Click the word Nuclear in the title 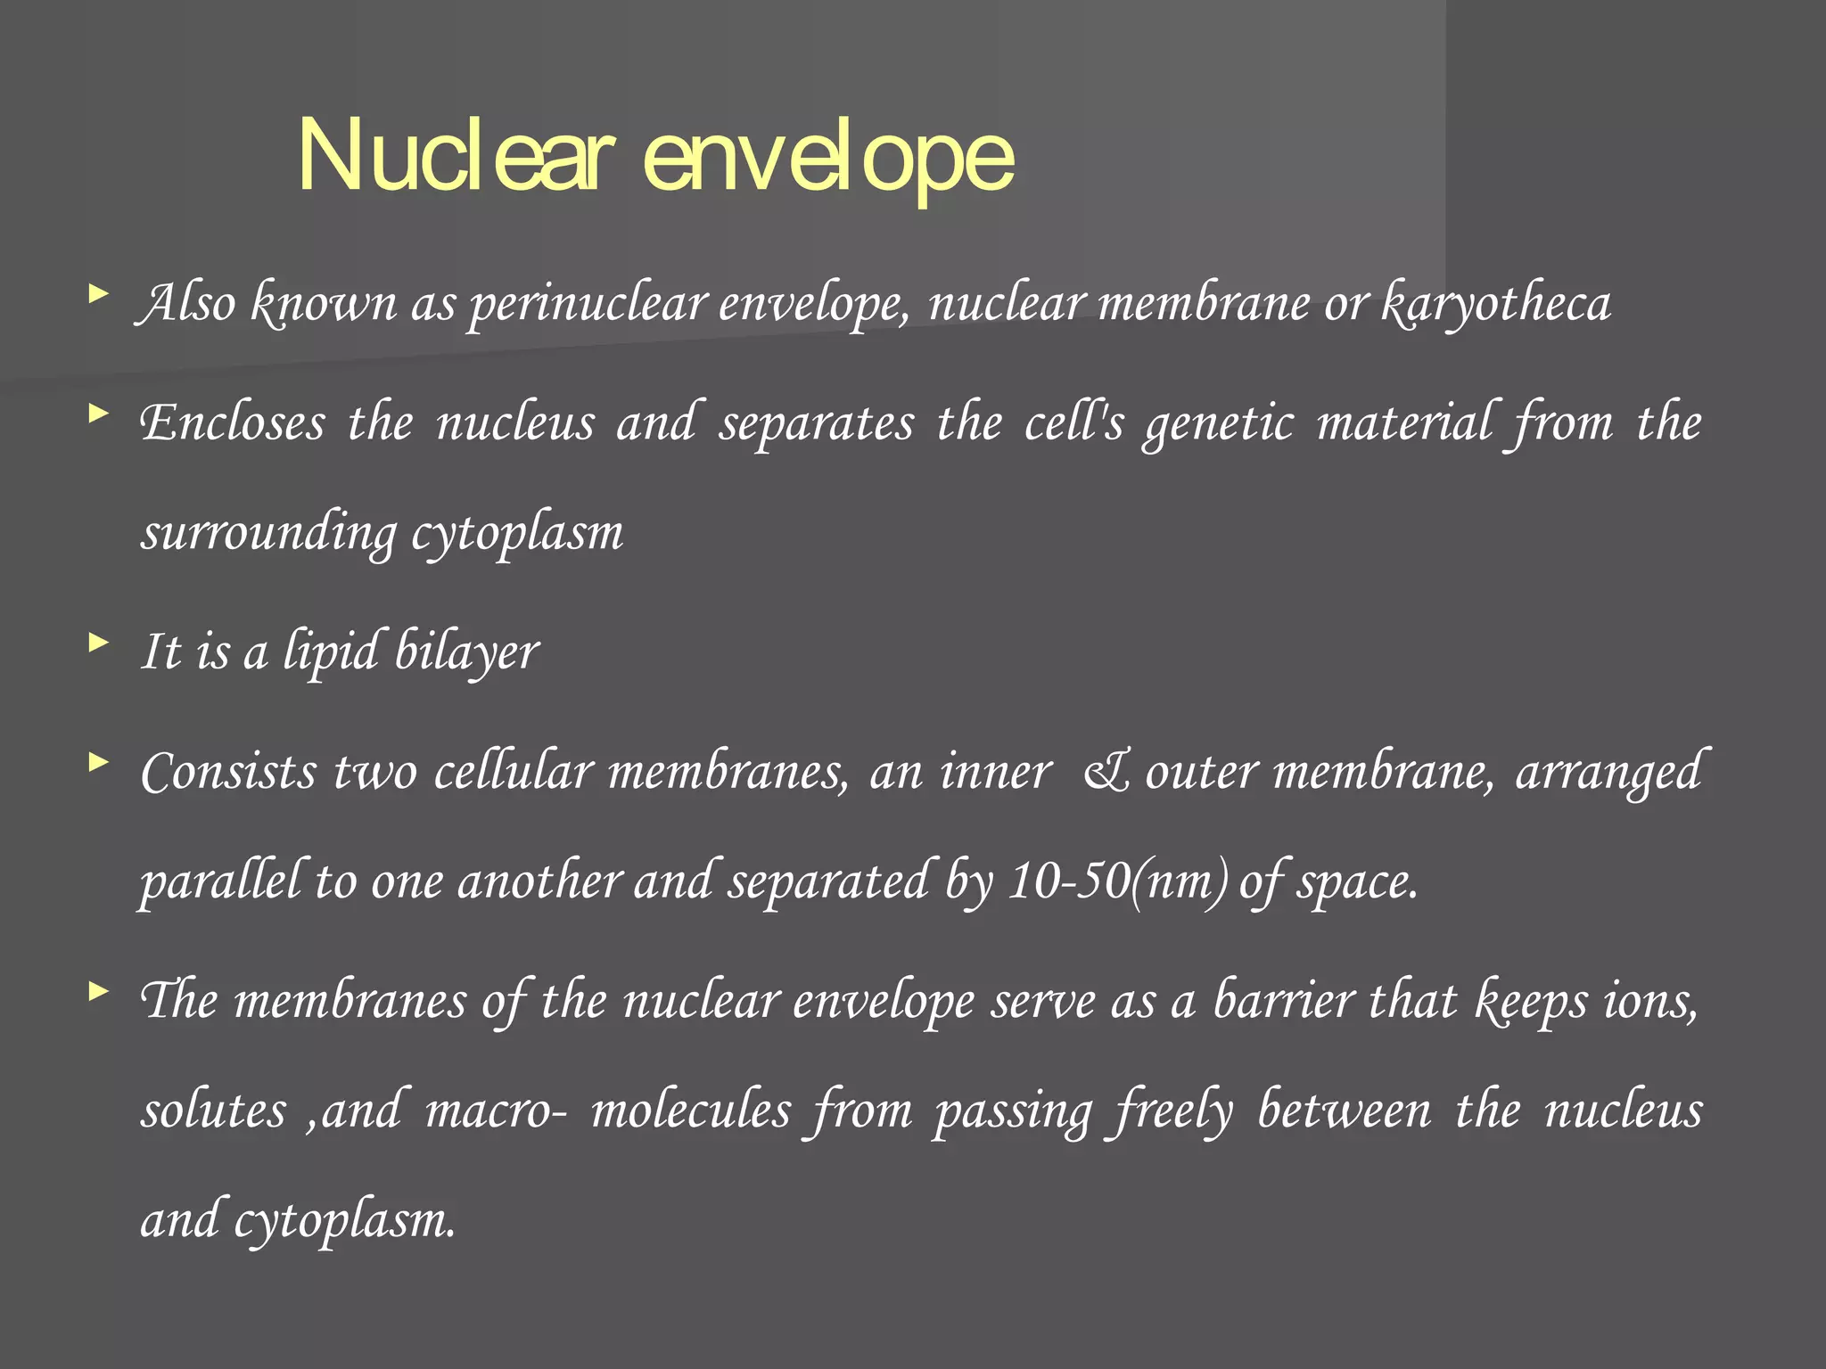pos(456,157)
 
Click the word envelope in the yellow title pos(828,159)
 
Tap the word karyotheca pos(1496,304)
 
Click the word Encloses pos(233,422)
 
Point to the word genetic pos(1218,423)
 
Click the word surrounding pos(268,534)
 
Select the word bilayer pos(466,652)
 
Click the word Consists pos(228,772)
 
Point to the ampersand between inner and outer pos(1106,772)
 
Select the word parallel pos(223,881)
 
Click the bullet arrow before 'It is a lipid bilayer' pos(99,642)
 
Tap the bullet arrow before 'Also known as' pos(99,293)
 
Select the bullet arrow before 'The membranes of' pos(99,990)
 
